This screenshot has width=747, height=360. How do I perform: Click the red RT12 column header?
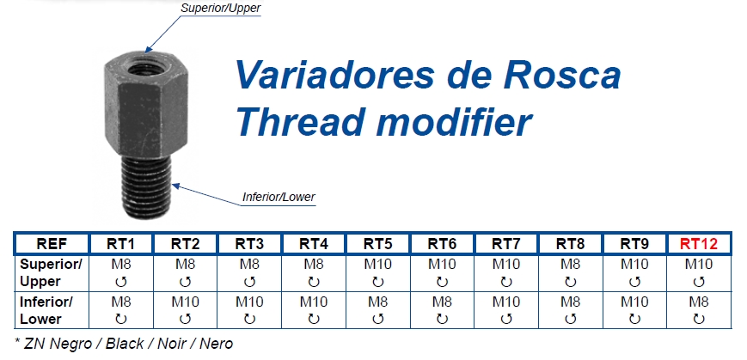tap(698, 244)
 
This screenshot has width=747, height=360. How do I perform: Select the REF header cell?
tap(52, 244)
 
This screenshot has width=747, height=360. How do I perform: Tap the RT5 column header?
tap(378, 244)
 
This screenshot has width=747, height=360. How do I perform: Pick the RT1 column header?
tap(120, 244)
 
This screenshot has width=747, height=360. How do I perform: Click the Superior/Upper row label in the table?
tap(51, 273)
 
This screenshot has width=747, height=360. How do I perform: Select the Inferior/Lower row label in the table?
tap(46, 310)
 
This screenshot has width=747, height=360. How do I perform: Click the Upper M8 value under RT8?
tap(570, 264)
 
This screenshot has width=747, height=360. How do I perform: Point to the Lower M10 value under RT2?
tap(186, 302)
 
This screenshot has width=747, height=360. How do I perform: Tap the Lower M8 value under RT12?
tap(698, 302)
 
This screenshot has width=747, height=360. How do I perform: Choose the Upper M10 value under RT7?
tap(506, 264)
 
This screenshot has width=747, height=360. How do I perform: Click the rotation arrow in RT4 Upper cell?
tap(314, 282)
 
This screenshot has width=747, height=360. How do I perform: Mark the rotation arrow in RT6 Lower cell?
tap(442, 320)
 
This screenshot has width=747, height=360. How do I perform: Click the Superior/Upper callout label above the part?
tap(221, 8)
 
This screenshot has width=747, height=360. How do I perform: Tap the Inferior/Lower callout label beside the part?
tap(279, 197)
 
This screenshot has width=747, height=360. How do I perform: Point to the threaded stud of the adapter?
tap(146, 186)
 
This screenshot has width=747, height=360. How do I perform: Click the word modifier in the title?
tap(455, 122)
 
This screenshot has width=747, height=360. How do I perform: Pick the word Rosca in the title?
tap(562, 75)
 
